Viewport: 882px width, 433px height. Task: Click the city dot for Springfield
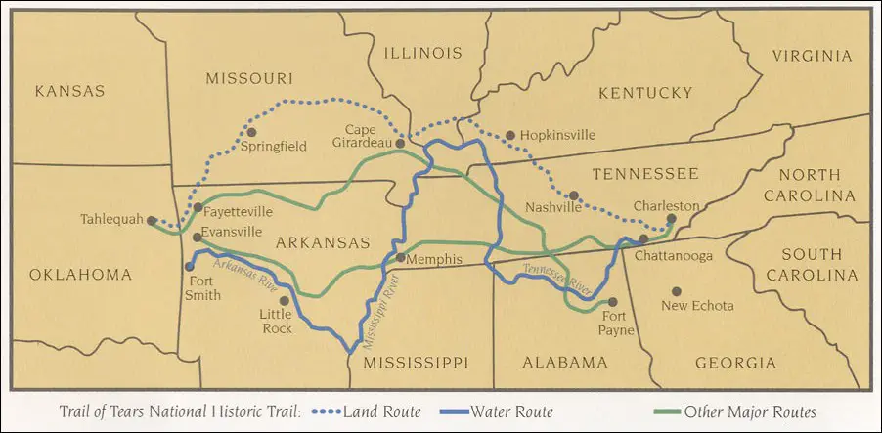(x=251, y=131)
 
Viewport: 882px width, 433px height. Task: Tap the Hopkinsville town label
(x=556, y=135)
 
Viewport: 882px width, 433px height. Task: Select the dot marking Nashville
(x=574, y=195)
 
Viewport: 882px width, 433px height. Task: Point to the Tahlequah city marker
(x=152, y=221)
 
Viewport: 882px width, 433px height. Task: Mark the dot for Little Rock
(x=284, y=301)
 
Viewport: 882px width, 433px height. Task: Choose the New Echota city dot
(x=675, y=290)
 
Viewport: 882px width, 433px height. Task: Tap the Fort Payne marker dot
(x=613, y=302)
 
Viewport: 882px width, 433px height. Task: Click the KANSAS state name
(x=68, y=91)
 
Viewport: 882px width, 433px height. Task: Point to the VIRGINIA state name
(x=812, y=56)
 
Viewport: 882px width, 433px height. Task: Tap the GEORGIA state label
(x=735, y=363)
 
